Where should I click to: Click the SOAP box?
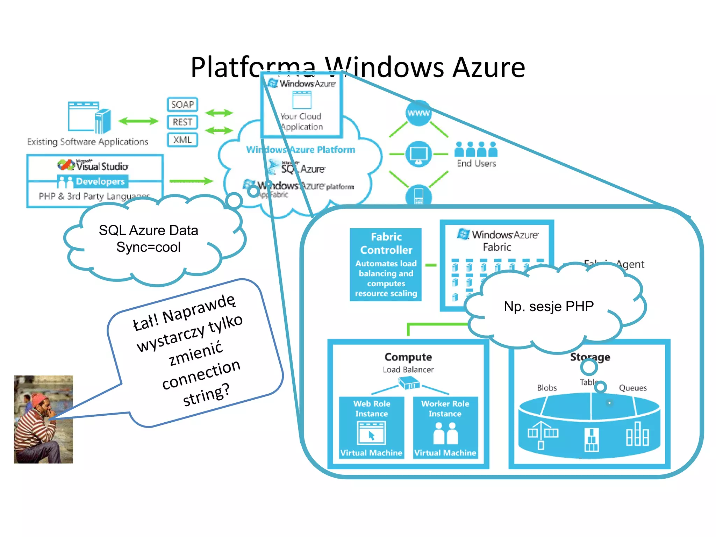tap(182, 105)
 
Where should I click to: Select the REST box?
tap(182, 122)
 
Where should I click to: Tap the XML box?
tap(182, 140)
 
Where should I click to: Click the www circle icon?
tap(418, 113)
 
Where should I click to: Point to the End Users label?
tap(476, 164)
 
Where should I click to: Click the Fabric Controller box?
tap(386, 264)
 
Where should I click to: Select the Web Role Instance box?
tap(371, 428)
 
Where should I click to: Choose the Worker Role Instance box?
tap(445, 428)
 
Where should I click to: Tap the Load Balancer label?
tap(408, 370)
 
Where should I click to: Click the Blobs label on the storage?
tap(547, 388)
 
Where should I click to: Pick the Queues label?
tap(632, 388)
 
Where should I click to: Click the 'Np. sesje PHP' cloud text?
tap(549, 306)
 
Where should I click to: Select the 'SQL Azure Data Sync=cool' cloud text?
tap(149, 239)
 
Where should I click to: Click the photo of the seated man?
tap(43, 419)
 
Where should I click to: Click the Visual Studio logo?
tap(93, 165)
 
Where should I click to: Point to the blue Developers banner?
tap(93, 181)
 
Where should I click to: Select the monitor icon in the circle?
tap(418, 154)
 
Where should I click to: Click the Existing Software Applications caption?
tap(87, 142)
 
